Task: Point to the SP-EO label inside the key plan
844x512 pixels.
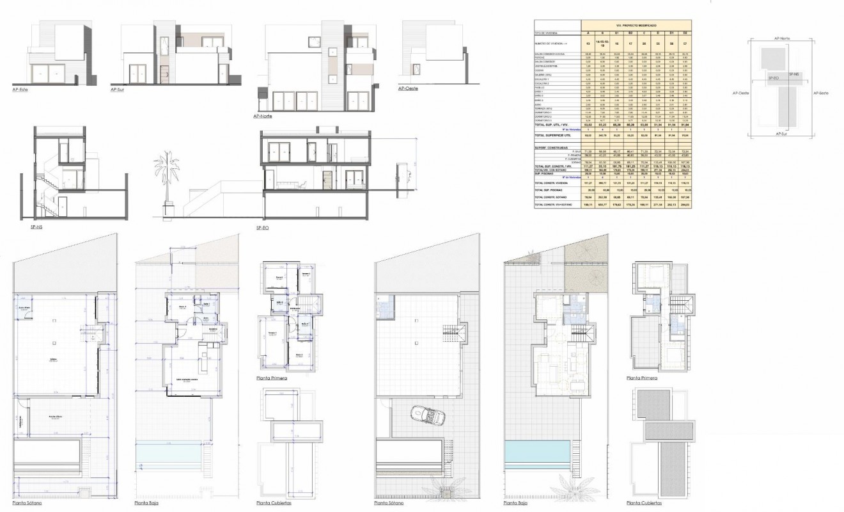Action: coord(773,78)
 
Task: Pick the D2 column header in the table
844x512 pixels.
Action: coord(685,32)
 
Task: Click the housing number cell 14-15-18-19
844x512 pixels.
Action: coord(601,43)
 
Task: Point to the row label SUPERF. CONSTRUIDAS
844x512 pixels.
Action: coord(551,145)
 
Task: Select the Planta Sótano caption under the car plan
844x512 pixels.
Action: coord(393,502)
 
